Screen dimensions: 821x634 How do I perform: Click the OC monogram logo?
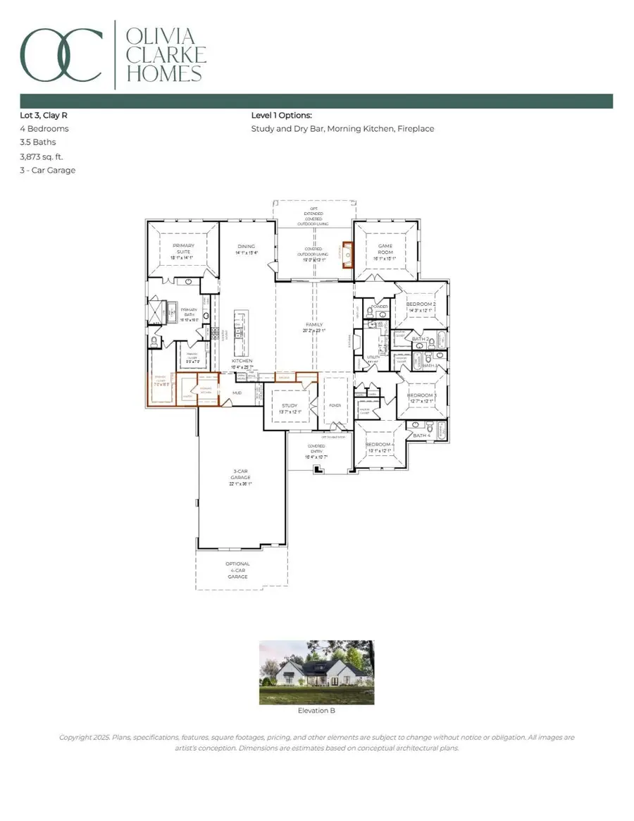(60, 55)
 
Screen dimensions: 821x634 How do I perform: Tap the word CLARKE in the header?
(165, 55)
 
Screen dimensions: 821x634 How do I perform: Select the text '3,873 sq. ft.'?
(43, 156)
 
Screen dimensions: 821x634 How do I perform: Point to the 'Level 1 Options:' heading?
(281, 115)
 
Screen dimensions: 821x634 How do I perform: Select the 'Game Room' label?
(384, 249)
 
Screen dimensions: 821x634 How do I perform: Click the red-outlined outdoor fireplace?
(345, 256)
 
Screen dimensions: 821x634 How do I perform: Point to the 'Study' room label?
(290, 406)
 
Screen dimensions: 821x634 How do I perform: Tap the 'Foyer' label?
(334, 406)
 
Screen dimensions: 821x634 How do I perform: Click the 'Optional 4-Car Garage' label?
(237, 570)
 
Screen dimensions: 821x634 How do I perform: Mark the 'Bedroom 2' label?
(420, 305)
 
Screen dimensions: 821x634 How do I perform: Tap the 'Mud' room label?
(237, 393)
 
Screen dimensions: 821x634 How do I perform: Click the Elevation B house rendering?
(316, 672)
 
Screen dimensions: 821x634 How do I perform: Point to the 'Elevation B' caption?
(316, 711)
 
